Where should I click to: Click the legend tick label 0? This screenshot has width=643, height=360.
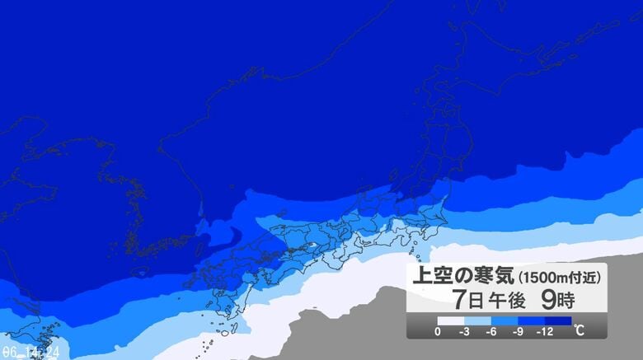tap(437, 332)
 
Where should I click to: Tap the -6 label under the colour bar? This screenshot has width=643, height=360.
tap(491, 332)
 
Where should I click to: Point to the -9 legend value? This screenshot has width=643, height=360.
tap(519, 332)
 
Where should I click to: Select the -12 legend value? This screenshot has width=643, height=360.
tap(547, 332)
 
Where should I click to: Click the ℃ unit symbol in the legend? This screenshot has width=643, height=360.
tap(580, 331)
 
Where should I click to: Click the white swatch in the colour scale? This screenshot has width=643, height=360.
tap(450, 320)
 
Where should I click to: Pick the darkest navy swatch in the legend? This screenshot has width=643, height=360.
tap(559, 320)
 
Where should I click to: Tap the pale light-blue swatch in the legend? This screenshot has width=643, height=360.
tap(477, 320)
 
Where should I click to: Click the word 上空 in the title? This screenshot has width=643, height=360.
tap(433, 276)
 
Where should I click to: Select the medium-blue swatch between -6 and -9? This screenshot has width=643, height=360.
tap(505, 320)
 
